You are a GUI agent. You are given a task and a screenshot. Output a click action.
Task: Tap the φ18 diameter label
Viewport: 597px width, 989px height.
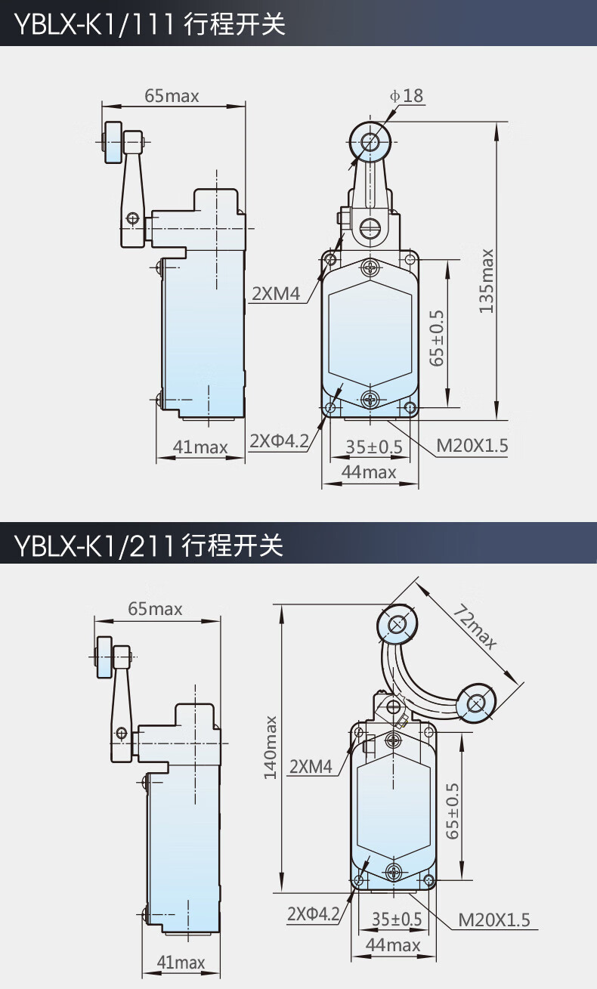point(407,96)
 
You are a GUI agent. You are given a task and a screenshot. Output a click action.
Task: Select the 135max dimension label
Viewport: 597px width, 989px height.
point(486,281)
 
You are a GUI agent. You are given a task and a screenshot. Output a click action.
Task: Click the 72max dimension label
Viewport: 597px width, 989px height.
point(475,627)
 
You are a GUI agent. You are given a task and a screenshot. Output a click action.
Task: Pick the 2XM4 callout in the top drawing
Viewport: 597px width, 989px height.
point(276,294)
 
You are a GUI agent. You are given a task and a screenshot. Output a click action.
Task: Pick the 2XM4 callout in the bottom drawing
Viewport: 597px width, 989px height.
point(311,766)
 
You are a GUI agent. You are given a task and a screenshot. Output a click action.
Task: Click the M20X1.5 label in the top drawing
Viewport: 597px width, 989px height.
point(472,446)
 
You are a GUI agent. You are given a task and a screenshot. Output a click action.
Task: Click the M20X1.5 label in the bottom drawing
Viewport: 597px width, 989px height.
point(493,919)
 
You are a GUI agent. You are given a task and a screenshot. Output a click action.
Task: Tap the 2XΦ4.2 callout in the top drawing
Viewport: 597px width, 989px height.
point(279,440)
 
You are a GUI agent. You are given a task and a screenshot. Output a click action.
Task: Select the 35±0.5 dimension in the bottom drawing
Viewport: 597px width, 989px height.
point(397,919)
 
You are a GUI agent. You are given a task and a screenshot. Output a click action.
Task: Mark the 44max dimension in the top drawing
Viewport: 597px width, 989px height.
point(369,472)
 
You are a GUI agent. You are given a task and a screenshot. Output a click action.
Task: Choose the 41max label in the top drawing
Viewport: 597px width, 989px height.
point(200,447)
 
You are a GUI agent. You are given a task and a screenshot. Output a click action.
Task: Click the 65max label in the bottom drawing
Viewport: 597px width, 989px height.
point(155,609)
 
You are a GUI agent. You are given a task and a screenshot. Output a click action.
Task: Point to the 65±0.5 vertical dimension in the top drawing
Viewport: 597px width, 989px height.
point(437,338)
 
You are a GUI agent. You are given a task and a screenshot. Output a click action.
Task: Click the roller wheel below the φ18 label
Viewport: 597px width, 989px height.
point(370,142)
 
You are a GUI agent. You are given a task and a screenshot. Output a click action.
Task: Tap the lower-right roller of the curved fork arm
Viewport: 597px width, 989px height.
point(476,703)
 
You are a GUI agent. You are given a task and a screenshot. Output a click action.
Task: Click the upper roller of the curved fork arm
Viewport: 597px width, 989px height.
point(397,624)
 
